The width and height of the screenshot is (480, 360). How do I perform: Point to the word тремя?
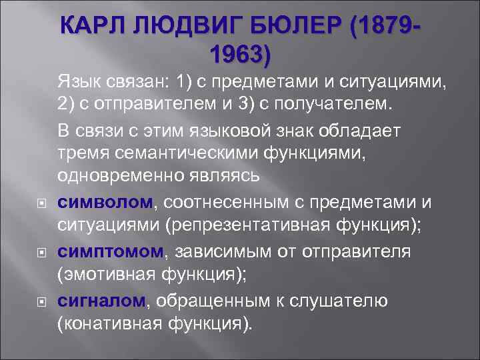tap(79, 151)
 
